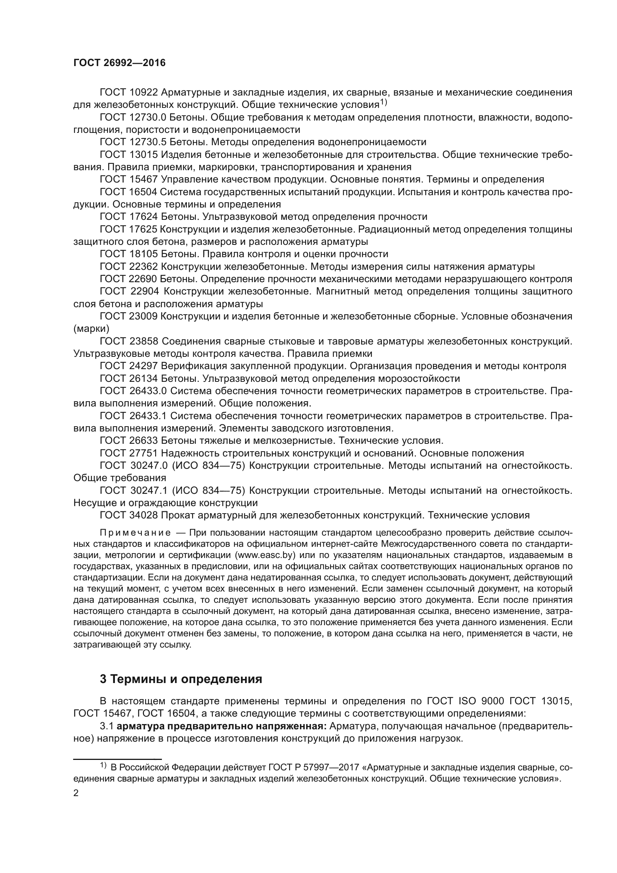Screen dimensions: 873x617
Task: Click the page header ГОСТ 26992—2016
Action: [119, 63]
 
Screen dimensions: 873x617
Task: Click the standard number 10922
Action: [143, 93]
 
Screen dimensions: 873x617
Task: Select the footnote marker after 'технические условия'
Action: [383, 103]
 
